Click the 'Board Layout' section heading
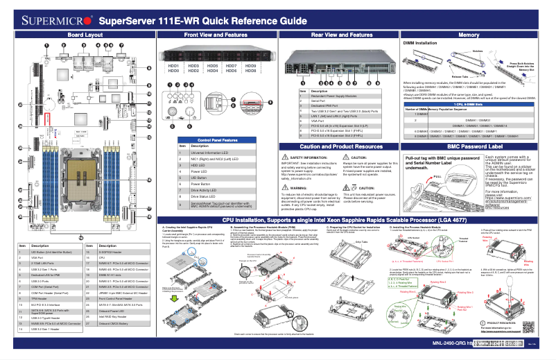point(85,34)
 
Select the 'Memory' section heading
point(469,34)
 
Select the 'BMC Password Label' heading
point(469,147)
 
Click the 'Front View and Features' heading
point(216,34)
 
